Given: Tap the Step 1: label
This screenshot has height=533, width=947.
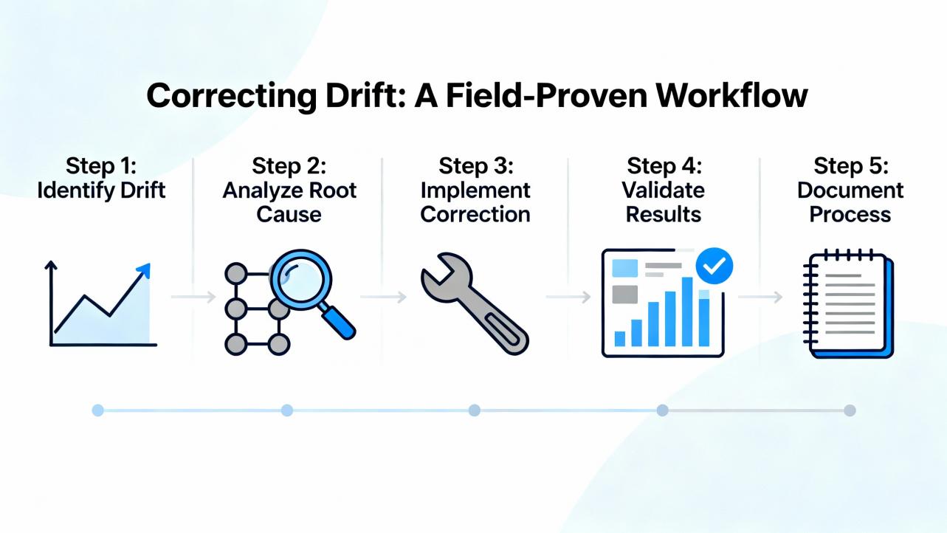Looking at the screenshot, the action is (x=101, y=165).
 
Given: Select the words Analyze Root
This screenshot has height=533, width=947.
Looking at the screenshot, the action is (x=289, y=190).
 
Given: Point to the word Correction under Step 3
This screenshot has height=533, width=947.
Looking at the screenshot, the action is (x=475, y=214).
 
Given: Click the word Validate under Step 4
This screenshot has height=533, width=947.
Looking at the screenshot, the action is (x=663, y=190).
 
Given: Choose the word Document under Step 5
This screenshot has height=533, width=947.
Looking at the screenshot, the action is (x=850, y=190).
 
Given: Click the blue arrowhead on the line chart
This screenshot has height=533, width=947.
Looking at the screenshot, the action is (x=144, y=270).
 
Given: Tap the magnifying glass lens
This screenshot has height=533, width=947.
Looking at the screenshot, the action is (x=301, y=279).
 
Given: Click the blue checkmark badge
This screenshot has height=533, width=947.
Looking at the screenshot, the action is (x=714, y=266).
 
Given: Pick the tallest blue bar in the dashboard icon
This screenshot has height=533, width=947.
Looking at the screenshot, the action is (x=687, y=312).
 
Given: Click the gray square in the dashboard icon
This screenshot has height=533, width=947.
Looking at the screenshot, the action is (x=625, y=295).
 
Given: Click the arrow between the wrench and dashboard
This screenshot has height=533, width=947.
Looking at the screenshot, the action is (x=568, y=298).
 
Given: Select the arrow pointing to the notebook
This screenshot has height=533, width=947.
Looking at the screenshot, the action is (x=760, y=298).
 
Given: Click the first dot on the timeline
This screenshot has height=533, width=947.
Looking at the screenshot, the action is (x=97, y=410).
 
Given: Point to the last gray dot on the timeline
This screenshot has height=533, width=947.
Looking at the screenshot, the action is (x=850, y=410).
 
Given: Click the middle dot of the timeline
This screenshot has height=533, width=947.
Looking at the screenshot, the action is (x=475, y=410).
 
